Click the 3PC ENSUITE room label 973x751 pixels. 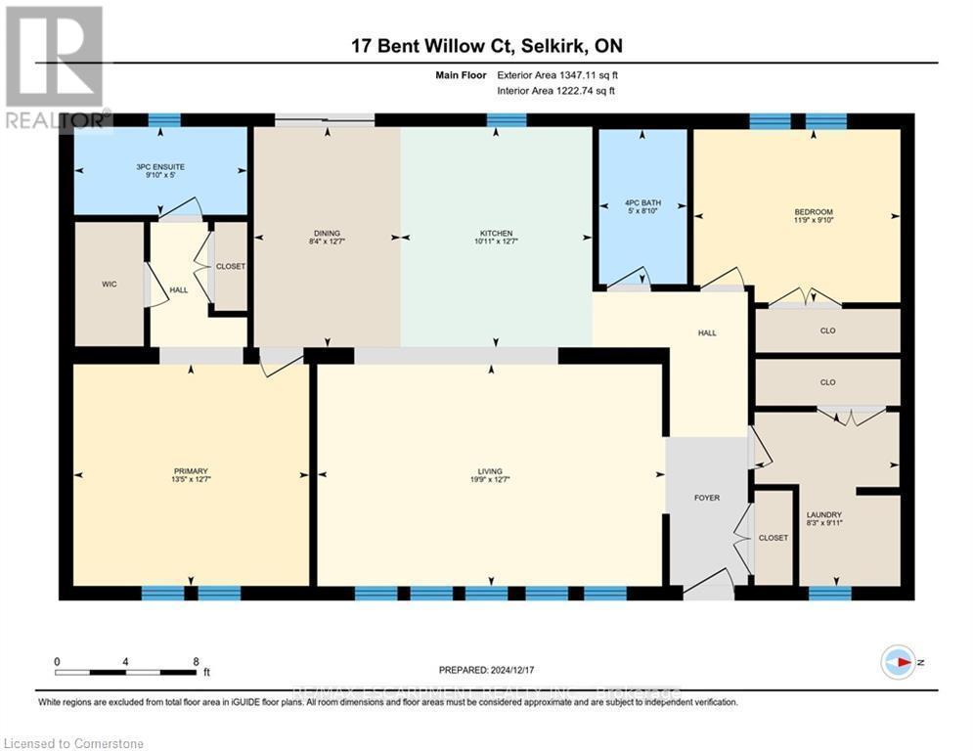click(160, 167)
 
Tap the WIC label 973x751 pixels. click(109, 285)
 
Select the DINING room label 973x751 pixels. click(325, 234)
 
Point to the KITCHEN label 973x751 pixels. click(496, 234)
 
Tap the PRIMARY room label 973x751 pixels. click(192, 470)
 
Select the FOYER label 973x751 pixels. click(707, 498)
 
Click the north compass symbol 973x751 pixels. click(897, 662)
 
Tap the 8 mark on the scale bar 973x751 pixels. click(197, 661)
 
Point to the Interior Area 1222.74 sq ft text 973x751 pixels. click(557, 90)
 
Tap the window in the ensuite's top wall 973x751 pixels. click(164, 120)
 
